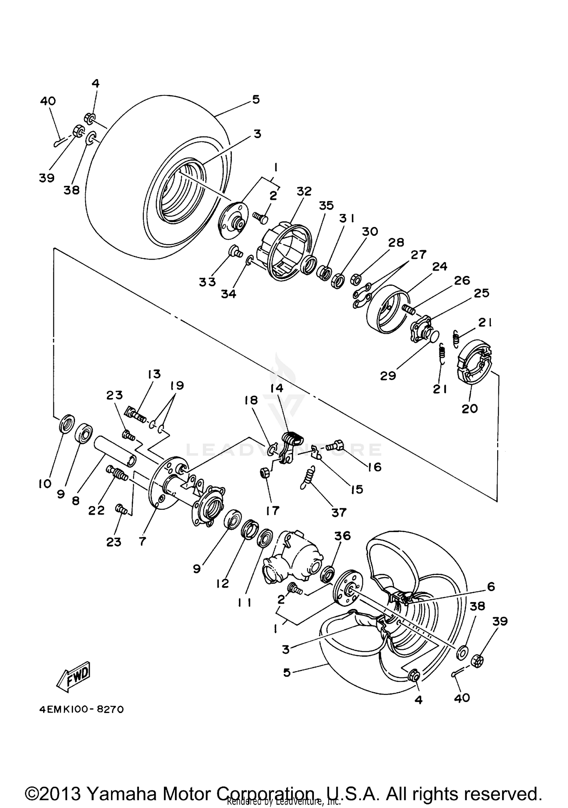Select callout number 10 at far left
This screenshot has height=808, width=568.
pos(45,483)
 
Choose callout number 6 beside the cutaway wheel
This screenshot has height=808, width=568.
pos(491,587)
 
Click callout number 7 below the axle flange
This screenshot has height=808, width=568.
pos(142,542)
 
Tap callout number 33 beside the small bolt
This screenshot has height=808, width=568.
pos(207,282)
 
